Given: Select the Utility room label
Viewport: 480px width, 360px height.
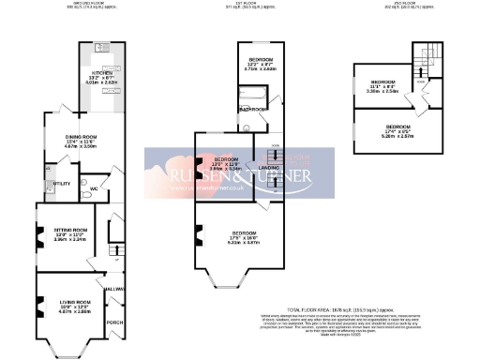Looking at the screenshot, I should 64,184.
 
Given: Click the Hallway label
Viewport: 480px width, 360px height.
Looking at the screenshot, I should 115,289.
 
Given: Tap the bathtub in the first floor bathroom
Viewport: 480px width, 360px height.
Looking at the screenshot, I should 253,96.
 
